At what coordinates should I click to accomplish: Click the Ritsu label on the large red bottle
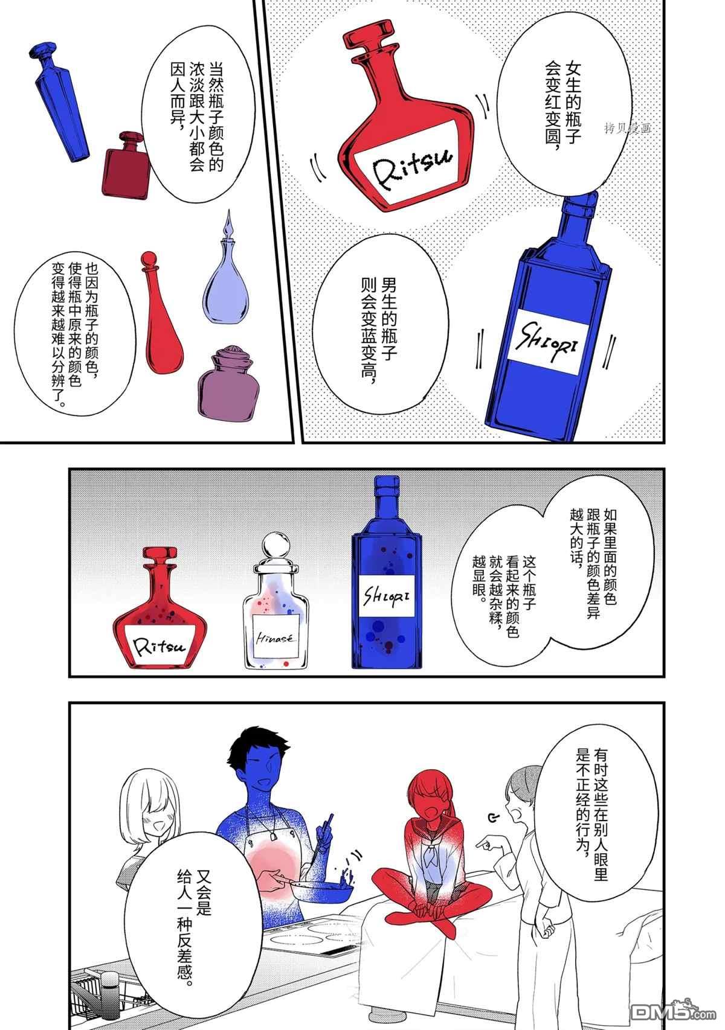[x=410, y=162]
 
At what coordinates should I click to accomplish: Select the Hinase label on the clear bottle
[x=275, y=638]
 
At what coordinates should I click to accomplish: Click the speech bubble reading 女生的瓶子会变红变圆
[x=564, y=103]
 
